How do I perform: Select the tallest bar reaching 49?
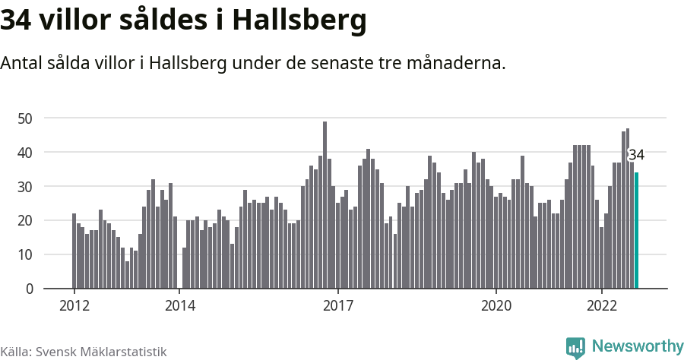[x=325, y=205]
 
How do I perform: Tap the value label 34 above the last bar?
[x=636, y=155]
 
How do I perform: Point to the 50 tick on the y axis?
[x=25, y=118]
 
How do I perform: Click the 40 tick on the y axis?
[x=25, y=153]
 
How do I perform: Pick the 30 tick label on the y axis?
[x=25, y=187]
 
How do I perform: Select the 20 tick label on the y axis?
[x=25, y=221]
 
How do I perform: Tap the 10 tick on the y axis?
[x=25, y=255]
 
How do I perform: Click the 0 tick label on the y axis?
[x=29, y=289]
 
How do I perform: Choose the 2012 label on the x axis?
[x=74, y=306]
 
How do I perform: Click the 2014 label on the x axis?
[x=179, y=306]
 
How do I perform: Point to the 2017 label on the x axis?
[x=337, y=306]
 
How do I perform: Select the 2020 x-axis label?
[x=496, y=306]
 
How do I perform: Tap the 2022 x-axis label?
[x=601, y=306]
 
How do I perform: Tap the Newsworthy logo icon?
[x=575, y=348]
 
